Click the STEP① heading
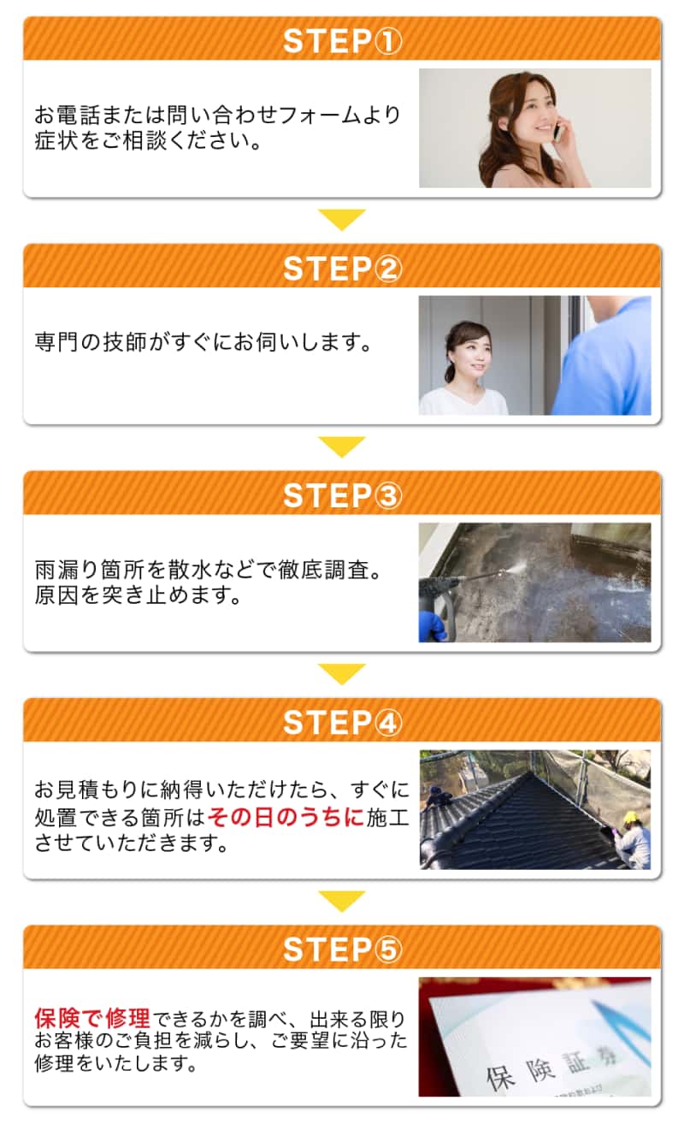coord(342,41)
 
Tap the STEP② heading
coord(342,269)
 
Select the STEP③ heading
coord(342,495)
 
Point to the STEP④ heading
coord(342,723)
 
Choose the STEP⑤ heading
coord(342,949)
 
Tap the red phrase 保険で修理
coord(92,1018)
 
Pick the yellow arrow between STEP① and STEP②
coord(342,219)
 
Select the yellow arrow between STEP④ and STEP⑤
coord(342,901)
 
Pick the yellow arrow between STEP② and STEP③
coord(342,447)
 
